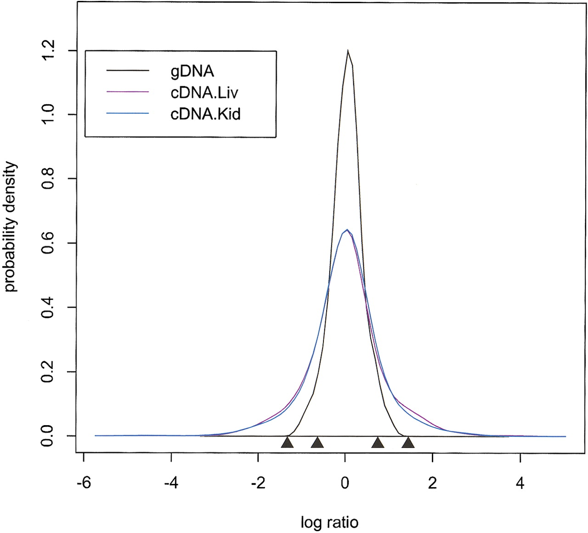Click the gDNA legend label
[x=192, y=72]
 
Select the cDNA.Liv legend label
[x=204, y=93]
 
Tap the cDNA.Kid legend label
[x=205, y=113]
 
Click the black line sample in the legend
[x=128, y=71]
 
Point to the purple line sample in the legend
[x=128, y=92]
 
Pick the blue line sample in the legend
[x=128, y=113]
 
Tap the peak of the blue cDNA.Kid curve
[x=347, y=229]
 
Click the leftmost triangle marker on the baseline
[x=287, y=442]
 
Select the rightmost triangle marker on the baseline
[x=408, y=442]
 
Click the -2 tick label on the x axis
[x=258, y=483]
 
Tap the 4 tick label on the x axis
[x=520, y=483]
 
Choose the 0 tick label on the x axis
[x=345, y=483]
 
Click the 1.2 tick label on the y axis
[x=48, y=50]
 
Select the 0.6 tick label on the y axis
[x=48, y=243]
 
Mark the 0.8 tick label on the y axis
[x=48, y=179]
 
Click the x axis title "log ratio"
[x=329, y=522]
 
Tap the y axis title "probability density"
[x=11, y=227]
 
